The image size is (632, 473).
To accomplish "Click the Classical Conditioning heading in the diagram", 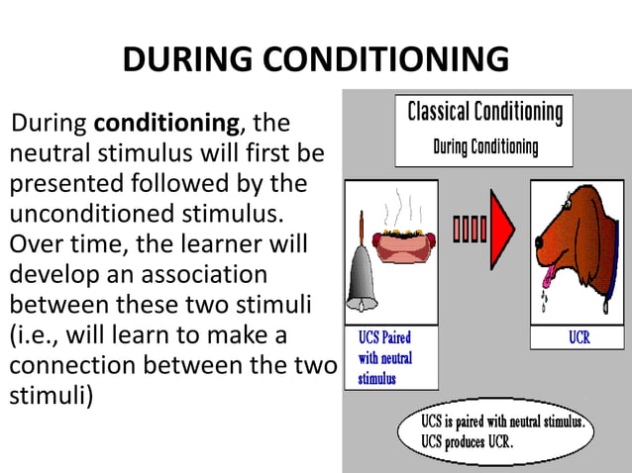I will (x=485, y=111).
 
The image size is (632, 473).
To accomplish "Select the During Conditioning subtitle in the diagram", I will (x=485, y=148).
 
